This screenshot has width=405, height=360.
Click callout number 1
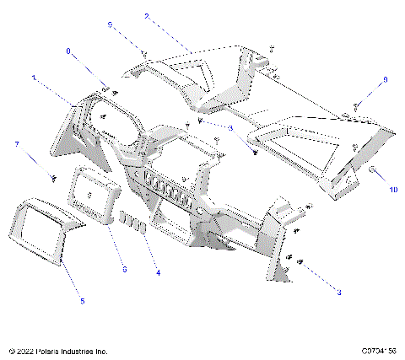coord(34,77)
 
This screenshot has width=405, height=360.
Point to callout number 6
coord(125,269)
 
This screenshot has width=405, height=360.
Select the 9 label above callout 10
coord(386,79)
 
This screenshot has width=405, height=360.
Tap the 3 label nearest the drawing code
coord(339,292)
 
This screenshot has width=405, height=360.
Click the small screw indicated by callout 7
coord(54,176)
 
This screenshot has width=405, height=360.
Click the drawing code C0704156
coord(379,349)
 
